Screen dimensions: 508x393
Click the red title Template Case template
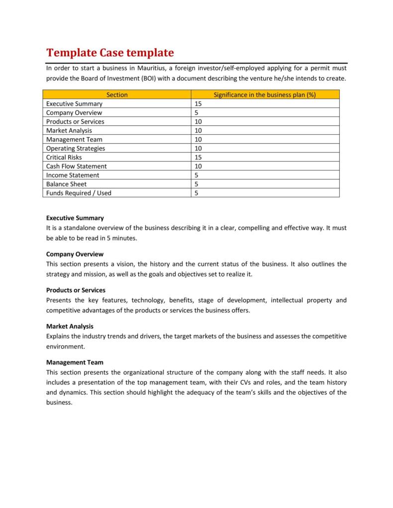coord(110,53)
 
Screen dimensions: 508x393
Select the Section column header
coord(117,94)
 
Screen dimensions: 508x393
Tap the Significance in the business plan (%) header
coord(265,94)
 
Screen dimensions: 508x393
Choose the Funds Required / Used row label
coord(79,193)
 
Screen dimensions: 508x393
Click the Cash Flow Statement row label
coord(76,166)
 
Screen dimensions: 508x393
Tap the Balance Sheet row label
coord(66,184)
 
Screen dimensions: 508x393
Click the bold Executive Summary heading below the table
coord(75,218)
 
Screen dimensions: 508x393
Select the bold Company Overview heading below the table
coord(75,254)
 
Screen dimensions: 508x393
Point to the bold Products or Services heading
coord(76,290)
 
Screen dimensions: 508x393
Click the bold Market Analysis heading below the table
coord(70,326)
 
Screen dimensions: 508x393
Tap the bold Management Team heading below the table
coord(75,362)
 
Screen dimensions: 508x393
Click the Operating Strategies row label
coord(76,148)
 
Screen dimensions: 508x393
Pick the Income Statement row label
coord(73,175)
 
